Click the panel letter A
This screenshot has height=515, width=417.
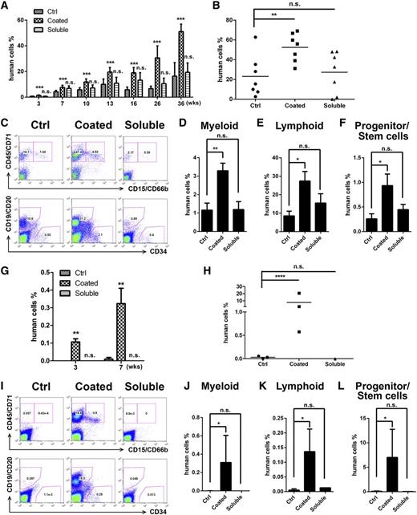coord(6,6)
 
